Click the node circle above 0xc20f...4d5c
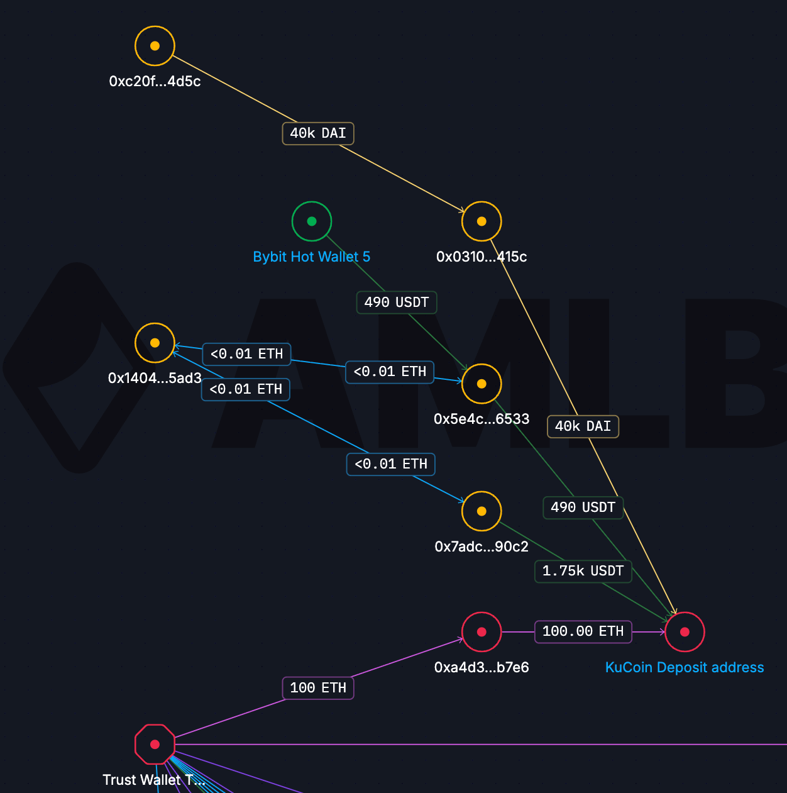155,46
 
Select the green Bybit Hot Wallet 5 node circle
312,221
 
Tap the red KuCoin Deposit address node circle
685,632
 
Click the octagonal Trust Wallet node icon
155,744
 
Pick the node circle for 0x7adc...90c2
482,511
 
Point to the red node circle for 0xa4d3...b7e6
482,632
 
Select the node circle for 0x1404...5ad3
155,343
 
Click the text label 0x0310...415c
482,257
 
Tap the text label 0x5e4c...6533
482,419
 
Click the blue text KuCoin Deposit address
685,667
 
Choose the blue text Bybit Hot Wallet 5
312,257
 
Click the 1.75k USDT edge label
583,571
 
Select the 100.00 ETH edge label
583,631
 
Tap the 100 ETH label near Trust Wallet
318,688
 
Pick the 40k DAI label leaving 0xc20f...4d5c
318,133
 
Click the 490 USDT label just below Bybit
397,302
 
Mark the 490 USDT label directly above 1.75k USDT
583,507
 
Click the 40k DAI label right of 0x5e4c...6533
583,426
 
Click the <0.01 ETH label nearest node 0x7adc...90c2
391,464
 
